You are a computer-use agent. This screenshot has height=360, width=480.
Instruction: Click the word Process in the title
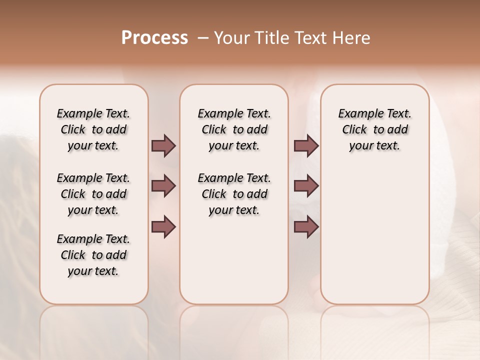(154, 37)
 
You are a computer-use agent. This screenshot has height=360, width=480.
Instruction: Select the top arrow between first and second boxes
(163, 145)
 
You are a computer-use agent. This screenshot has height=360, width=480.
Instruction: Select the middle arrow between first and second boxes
(163, 186)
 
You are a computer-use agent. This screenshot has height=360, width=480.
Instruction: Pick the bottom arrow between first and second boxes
(163, 226)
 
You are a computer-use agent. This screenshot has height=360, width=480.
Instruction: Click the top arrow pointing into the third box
(306, 145)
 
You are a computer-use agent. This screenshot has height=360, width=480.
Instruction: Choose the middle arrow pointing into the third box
(306, 186)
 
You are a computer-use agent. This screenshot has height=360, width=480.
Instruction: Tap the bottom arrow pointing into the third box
(306, 226)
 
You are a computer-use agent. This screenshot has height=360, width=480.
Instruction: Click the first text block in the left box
(93, 129)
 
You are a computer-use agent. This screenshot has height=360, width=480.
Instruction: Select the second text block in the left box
(93, 194)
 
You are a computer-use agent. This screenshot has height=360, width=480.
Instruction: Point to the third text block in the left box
(93, 255)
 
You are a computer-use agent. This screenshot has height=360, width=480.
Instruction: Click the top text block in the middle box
(234, 129)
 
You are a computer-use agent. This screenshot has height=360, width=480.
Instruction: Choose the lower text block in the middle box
(234, 194)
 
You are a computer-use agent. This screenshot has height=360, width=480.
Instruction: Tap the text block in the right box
(374, 129)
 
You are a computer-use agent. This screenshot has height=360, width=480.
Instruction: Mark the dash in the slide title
(202, 38)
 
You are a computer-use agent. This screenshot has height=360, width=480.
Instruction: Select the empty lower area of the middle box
(234, 260)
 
